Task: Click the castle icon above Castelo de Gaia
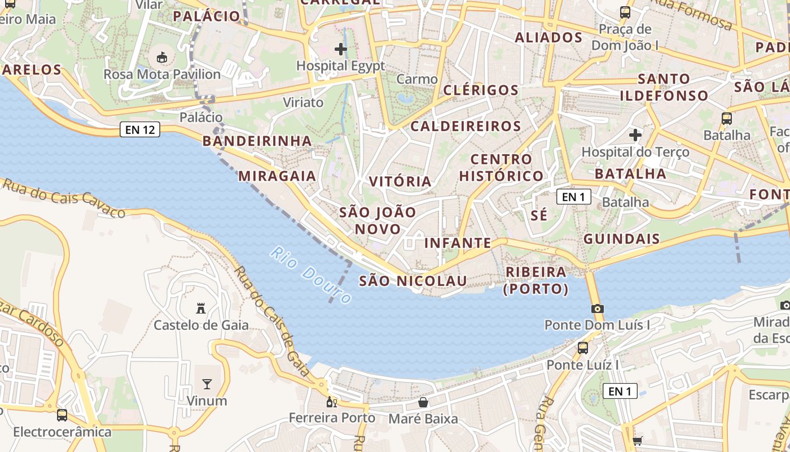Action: (200, 308)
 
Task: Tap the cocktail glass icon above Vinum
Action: (207, 384)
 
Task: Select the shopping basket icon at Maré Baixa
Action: (423, 402)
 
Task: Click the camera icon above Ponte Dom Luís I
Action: (597, 308)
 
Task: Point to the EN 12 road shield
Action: (140, 130)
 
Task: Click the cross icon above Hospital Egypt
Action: (341, 49)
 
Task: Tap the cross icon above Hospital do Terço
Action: (635, 135)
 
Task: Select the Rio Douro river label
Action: (311, 275)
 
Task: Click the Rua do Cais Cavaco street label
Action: (63, 198)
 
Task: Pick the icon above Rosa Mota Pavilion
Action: (162, 57)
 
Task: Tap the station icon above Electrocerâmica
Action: (62, 415)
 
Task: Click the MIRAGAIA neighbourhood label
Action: (277, 176)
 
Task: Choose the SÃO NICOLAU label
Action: (413, 281)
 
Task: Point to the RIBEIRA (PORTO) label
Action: (536, 280)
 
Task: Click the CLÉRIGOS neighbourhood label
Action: (481, 90)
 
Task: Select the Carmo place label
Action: (417, 79)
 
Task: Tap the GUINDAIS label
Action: (621, 239)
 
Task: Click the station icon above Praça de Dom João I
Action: (625, 12)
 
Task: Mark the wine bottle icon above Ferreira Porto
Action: (331, 402)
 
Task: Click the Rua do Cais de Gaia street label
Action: (272, 321)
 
